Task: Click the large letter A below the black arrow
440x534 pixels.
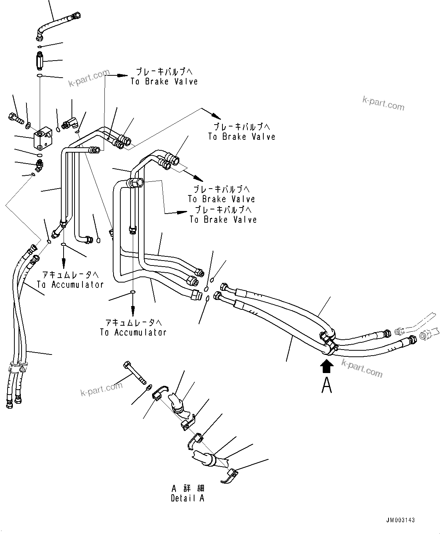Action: pos(327,385)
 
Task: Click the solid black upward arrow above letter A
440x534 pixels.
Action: pos(327,366)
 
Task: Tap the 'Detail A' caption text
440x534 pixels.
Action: pos(187,498)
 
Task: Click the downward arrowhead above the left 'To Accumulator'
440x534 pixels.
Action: pos(63,264)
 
